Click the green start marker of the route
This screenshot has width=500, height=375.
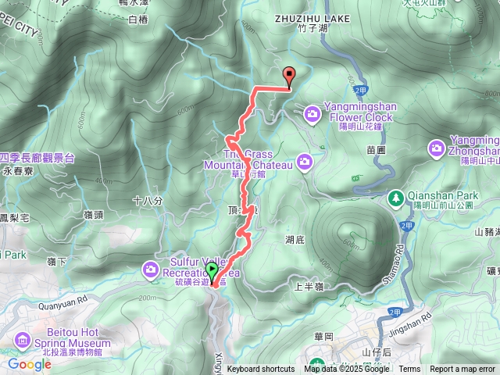point(212,272)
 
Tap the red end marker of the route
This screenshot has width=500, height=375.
point(290,77)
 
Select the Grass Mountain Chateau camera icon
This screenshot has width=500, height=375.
point(304,162)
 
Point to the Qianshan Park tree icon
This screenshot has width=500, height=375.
point(396,198)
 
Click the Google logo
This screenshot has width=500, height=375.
point(29,364)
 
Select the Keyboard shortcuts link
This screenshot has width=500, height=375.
point(261,370)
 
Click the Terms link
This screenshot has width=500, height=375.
point(409,370)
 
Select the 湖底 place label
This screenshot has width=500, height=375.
point(295,241)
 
